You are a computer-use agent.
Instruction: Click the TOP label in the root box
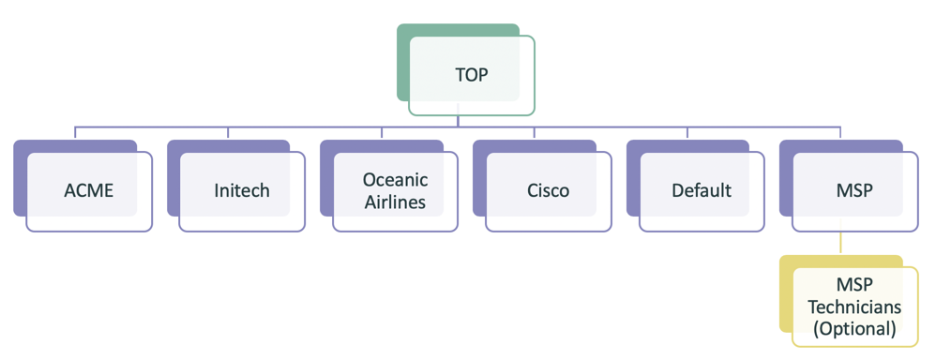point(472,75)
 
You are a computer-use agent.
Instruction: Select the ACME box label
point(88,190)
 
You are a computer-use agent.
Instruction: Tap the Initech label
point(241,190)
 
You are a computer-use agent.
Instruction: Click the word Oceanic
point(395,179)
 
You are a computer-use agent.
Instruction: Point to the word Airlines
point(395,201)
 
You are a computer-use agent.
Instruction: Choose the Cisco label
point(548,190)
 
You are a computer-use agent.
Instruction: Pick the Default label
point(702,190)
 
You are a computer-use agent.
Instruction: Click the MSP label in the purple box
point(854,190)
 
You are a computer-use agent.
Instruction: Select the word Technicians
point(854,307)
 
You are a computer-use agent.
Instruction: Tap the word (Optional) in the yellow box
point(854,328)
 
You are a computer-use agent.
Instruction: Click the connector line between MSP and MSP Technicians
point(841,243)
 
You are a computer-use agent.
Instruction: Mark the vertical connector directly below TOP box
point(458,121)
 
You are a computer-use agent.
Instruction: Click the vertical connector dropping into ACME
point(76,133)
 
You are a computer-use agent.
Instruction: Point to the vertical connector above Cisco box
point(535,133)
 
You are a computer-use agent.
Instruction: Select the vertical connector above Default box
point(687,133)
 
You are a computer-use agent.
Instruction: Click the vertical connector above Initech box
point(229,133)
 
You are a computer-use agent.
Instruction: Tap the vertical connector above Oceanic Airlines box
point(382,133)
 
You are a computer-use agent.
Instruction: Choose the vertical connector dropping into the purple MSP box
point(841,133)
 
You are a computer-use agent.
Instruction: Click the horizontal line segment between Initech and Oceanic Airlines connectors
point(305,126)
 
